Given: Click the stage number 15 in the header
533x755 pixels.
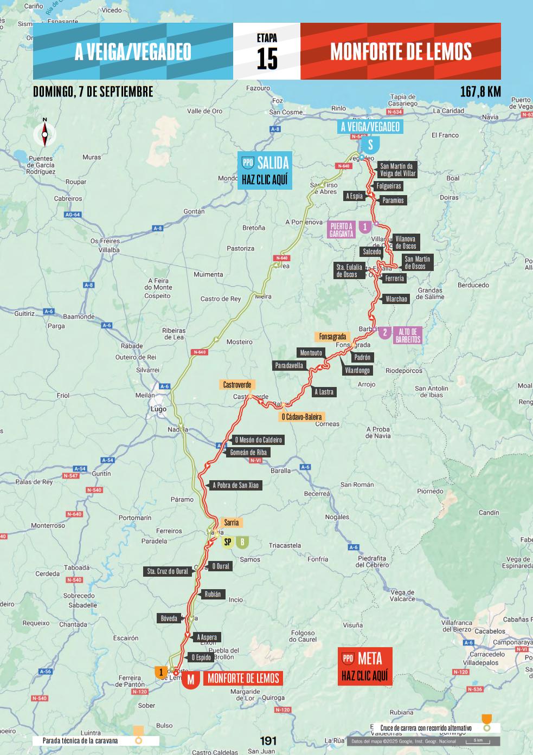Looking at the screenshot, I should [267, 59].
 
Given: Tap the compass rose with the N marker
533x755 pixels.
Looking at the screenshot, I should [45, 133].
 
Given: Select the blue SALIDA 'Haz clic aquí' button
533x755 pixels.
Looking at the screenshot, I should [265, 170].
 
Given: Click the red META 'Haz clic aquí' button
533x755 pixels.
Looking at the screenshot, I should [364, 667].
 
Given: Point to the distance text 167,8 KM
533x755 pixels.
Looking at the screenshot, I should [480, 92].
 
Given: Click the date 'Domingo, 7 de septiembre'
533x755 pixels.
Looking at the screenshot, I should [93, 92].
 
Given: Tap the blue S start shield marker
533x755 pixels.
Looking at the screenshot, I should [371, 145].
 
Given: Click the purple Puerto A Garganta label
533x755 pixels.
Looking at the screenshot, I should [341, 230].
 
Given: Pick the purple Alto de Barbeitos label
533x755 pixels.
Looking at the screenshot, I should [408, 335].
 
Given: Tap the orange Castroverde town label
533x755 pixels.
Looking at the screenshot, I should [237, 385].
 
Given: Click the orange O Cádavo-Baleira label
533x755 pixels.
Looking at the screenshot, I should [301, 417].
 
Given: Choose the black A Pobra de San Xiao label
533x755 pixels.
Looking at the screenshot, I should [235, 485].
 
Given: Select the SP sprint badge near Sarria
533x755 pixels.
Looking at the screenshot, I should [228, 542].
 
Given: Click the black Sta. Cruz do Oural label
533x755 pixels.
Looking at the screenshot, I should [168, 571].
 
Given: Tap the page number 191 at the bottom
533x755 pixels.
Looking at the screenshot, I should [268, 741].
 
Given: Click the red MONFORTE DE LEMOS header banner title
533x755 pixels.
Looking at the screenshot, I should [401, 51].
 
